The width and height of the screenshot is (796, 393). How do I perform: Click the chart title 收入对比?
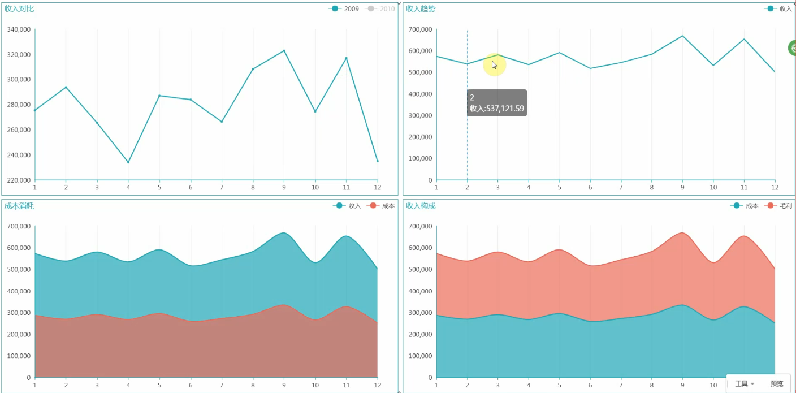pyautogui.click(x=19, y=8)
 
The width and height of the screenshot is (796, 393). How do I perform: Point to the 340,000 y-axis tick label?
pyautogui.click(x=19, y=29)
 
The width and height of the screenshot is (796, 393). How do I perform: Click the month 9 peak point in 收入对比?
pyautogui.click(x=284, y=51)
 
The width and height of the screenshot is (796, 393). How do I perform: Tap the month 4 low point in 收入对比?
pyautogui.click(x=128, y=162)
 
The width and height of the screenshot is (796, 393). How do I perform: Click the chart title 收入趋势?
pyautogui.click(x=421, y=8)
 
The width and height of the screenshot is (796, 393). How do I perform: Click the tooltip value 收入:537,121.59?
pyautogui.click(x=497, y=109)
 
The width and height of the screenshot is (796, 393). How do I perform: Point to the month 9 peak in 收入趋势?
pyautogui.click(x=682, y=36)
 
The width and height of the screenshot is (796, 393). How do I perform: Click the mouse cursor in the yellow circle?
pyautogui.click(x=494, y=65)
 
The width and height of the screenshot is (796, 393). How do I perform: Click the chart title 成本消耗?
pyautogui.click(x=19, y=206)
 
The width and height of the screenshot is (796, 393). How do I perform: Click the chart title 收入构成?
pyautogui.click(x=421, y=206)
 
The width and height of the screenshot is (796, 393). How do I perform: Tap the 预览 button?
pyautogui.click(x=777, y=383)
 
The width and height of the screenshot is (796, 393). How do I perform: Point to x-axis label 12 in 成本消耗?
pyautogui.click(x=377, y=385)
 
